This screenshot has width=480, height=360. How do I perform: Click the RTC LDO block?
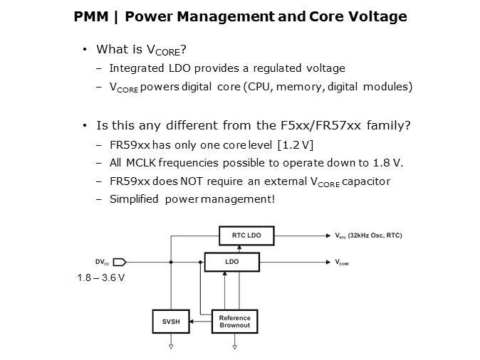[245, 235]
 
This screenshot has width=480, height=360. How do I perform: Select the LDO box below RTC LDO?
[231, 262]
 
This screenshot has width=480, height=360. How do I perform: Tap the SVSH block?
[171, 322]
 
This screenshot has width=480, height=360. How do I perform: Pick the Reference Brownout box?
[235, 322]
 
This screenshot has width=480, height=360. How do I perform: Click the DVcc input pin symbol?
[120, 262]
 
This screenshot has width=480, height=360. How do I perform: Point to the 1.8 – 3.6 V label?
[101, 277]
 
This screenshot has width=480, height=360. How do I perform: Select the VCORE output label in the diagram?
[342, 262]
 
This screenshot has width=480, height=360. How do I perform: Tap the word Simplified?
[133, 198]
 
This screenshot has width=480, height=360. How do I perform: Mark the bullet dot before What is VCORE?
[85, 50]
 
